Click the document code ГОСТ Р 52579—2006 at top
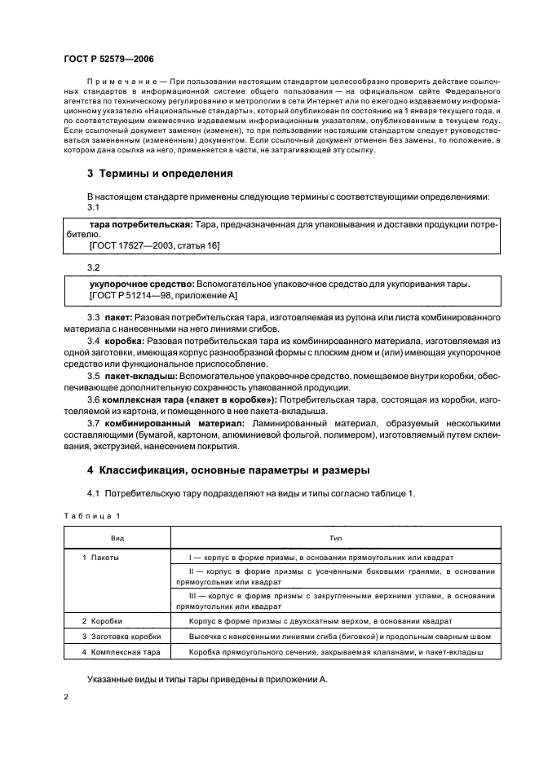(108, 59)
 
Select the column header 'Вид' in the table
(117, 538)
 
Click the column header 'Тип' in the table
(335, 538)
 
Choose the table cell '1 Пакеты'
(101, 558)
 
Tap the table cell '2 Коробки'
(103, 621)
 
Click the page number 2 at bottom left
(66, 698)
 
